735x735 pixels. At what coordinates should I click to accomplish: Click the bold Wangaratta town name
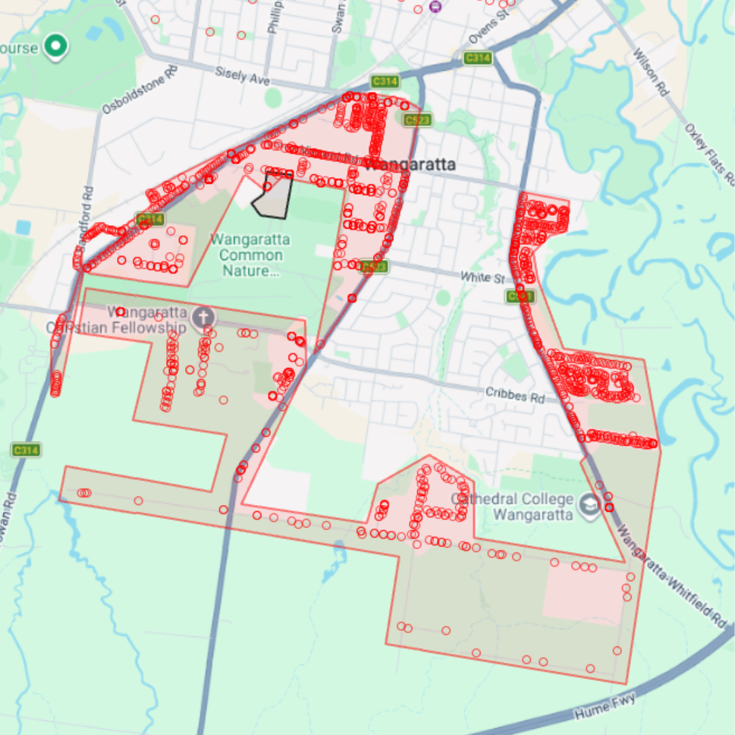[410, 165]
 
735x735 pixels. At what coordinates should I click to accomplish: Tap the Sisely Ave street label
[242, 76]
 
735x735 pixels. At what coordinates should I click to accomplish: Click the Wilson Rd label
[650, 71]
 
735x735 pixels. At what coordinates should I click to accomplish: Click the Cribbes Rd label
[515, 395]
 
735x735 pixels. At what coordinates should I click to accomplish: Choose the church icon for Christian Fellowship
[203, 316]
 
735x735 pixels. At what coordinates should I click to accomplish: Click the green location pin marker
[55, 46]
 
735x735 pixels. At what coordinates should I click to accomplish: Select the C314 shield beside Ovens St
[478, 59]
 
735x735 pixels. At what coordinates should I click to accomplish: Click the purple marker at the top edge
[436, 7]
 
